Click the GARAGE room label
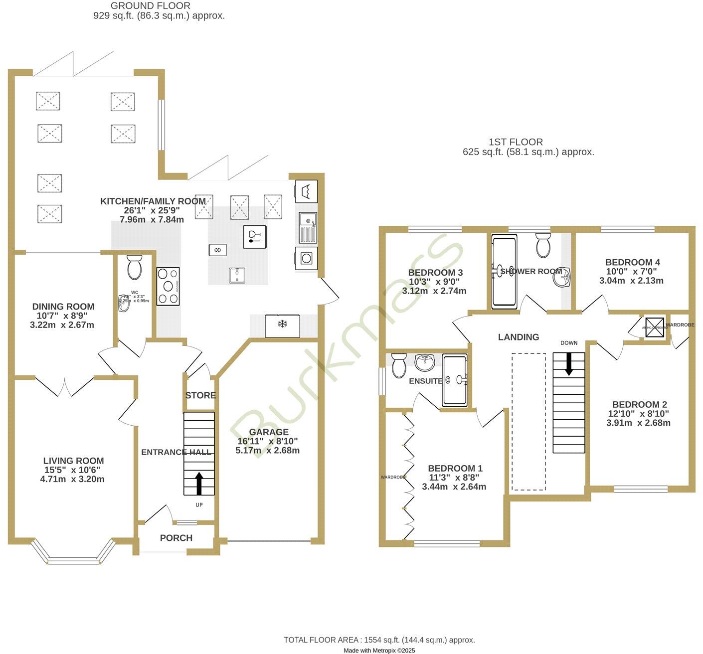269,432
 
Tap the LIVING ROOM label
73,461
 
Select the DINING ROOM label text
63,307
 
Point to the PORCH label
176,538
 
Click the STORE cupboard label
200,395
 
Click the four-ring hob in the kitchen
168,286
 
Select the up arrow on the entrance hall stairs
199,484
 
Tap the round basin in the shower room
562,277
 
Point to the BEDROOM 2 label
639,404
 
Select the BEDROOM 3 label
435,273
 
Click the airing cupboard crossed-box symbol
654,327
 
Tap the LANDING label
519,337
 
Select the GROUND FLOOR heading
150,6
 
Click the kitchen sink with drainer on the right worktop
308,227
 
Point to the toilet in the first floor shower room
543,245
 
